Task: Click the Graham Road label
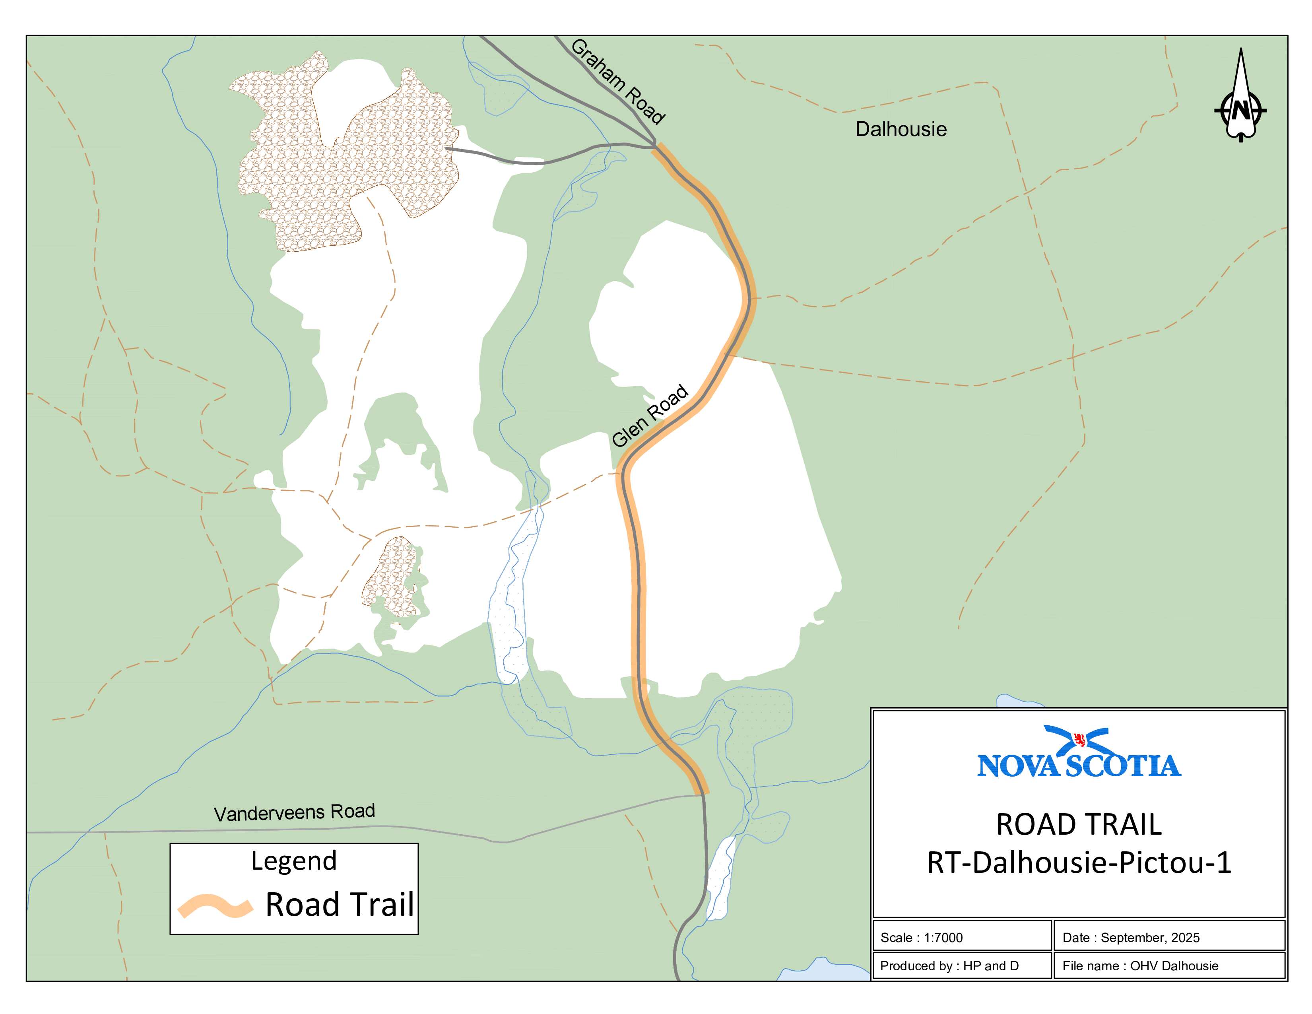tap(617, 82)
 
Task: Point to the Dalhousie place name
tap(901, 129)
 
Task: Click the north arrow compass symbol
tap(1240, 96)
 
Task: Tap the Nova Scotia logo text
tap(1079, 766)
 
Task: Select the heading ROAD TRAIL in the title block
tap(1079, 824)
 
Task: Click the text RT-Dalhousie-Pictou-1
tap(1079, 862)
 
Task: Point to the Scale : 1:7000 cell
tap(961, 938)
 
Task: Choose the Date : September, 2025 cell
tap(1168, 938)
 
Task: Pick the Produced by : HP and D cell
tap(961, 965)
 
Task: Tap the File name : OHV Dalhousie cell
tap(1168, 965)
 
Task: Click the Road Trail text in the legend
tap(340, 905)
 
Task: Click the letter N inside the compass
tap(1240, 111)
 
